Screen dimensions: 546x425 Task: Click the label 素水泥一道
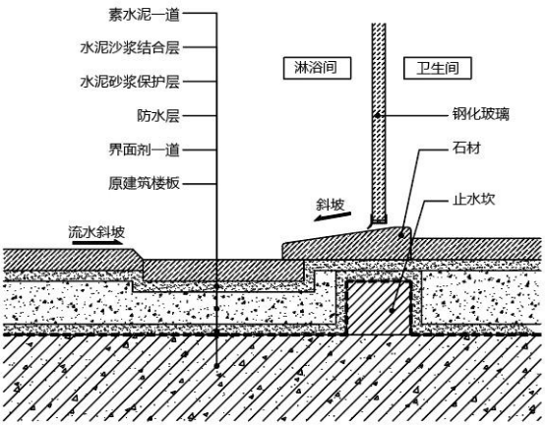(x=145, y=15)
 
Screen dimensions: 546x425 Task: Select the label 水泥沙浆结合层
(x=130, y=48)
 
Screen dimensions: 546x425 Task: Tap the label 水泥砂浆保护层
(x=130, y=82)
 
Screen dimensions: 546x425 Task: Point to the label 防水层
(x=158, y=116)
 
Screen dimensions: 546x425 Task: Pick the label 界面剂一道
(x=145, y=150)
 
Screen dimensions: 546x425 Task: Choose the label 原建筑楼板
(x=145, y=183)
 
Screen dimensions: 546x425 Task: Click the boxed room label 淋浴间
(x=317, y=68)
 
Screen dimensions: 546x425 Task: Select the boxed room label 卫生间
(x=438, y=68)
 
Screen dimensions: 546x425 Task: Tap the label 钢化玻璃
(x=480, y=114)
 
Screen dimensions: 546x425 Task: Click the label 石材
(x=466, y=148)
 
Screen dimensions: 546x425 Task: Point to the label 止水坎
(x=473, y=200)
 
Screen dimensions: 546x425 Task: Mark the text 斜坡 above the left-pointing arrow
(x=331, y=205)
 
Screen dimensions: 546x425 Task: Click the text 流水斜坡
(x=96, y=232)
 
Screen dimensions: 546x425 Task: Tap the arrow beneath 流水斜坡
(x=97, y=242)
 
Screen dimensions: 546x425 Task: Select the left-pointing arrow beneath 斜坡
(x=332, y=216)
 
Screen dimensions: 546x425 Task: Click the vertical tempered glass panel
(x=379, y=123)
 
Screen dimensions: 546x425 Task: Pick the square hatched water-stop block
(x=379, y=308)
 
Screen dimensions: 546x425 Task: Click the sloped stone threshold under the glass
(x=347, y=243)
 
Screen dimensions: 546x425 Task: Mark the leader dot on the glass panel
(x=378, y=115)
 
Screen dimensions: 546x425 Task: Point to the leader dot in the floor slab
(x=216, y=366)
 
